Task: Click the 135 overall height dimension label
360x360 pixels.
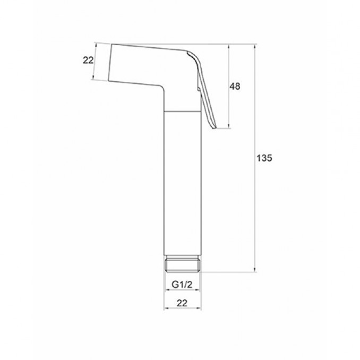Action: (264, 158)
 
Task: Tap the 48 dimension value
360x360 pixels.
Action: (235, 87)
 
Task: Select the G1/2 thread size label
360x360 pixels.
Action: (182, 285)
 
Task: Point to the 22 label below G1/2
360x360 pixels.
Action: (182, 303)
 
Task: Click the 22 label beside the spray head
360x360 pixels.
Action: (88, 60)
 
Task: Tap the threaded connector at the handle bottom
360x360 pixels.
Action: (183, 263)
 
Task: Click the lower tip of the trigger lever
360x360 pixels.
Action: (215, 128)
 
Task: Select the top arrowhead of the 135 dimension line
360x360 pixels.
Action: (255, 47)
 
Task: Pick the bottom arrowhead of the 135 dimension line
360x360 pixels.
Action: (255, 269)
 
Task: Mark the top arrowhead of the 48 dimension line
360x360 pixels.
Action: (228, 47)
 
